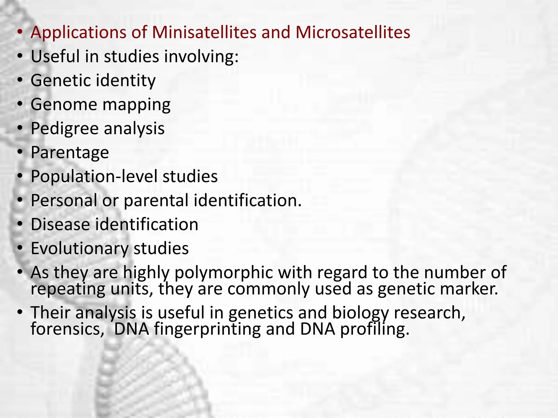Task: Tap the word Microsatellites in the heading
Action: tap(353, 32)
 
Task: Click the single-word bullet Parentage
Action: tap(70, 153)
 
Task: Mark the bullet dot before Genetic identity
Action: tap(20, 81)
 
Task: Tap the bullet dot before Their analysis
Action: tap(20, 312)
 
